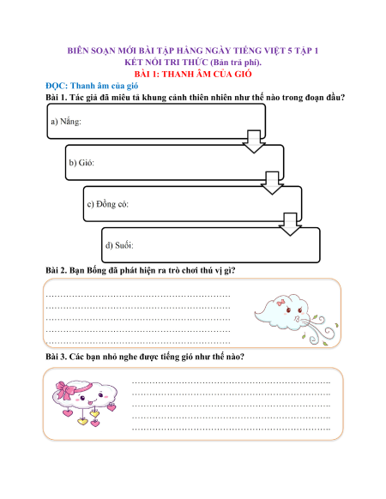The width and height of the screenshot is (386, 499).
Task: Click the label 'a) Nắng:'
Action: tap(66, 122)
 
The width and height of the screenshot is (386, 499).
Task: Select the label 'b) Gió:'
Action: tap(81, 163)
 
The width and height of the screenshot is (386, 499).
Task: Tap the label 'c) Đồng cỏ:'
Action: tap(107, 204)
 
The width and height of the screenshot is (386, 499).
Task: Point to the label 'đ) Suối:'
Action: tap(119, 245)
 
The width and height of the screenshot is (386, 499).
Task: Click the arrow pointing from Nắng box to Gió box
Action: tap(254, 141)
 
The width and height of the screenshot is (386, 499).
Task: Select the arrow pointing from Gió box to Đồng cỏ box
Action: tap(272, 183)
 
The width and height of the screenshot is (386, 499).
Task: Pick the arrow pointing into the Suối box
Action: tap(290, 225)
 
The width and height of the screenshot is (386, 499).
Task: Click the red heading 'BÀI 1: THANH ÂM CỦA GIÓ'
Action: tap(193, 74)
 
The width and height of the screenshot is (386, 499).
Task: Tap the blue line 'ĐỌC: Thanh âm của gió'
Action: tap(92, 86)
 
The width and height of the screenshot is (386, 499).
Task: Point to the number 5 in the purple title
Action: tap(290, 51)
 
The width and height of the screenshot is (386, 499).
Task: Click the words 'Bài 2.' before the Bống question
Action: tap(57, 270)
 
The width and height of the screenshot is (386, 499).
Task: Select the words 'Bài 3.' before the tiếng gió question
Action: tap(57, 357)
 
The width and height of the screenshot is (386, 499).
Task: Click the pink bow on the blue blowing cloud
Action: tap(280, 303)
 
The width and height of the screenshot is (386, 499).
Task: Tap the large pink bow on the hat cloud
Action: tap(65, 390)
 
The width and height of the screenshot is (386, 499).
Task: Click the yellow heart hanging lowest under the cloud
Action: tap(83, 422)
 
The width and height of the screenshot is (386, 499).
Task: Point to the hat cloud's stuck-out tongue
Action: tap(90, 404)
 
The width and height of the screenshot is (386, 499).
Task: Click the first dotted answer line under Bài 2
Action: tap(138, 297)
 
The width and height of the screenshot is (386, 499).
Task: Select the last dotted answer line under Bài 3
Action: tap(232, 430)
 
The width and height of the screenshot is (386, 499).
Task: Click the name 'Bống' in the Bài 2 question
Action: tap(96, 270)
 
